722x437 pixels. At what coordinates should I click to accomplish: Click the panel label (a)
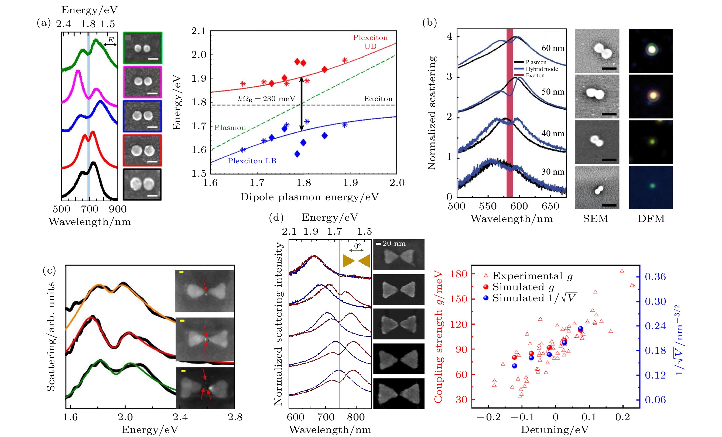point(44,23)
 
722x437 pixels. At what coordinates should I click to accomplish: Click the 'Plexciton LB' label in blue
point(252,161)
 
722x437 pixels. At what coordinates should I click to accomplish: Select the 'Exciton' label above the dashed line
point(378,99)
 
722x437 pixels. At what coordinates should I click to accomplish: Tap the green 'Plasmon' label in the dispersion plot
point(230,128)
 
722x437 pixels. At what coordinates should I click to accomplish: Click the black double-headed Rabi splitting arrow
point(301,104)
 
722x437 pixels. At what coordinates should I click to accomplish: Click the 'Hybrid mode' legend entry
point(542,69)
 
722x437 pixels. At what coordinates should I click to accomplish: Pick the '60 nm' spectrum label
point(553,48)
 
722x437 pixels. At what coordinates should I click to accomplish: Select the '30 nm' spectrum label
point(553,172)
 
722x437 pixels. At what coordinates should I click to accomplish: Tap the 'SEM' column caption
point(596,219)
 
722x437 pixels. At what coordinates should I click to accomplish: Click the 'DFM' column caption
point(651,219)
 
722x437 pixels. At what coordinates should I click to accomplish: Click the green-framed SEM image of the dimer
point(142,48)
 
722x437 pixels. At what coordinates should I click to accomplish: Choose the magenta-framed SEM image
point(142,82)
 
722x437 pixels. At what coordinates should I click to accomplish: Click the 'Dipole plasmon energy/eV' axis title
point(309,197)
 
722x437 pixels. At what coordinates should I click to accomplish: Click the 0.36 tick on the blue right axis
point(655,277)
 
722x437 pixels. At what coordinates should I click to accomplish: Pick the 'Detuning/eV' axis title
point(555,429)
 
